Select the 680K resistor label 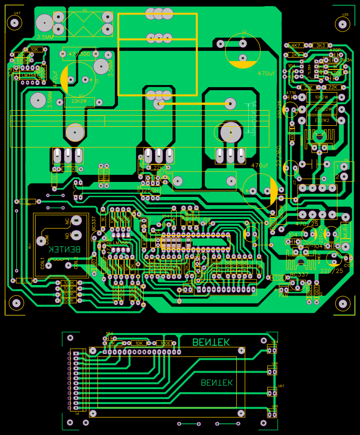pos(21,60)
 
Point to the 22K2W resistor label pos(79,102)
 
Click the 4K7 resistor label pos(296,45)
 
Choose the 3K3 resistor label pos(320,45)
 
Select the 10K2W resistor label pos(321,97)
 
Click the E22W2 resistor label pos(321,121)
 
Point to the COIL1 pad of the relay pos(48,266)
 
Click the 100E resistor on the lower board pos(165,343)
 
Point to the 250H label pos(151,190)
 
